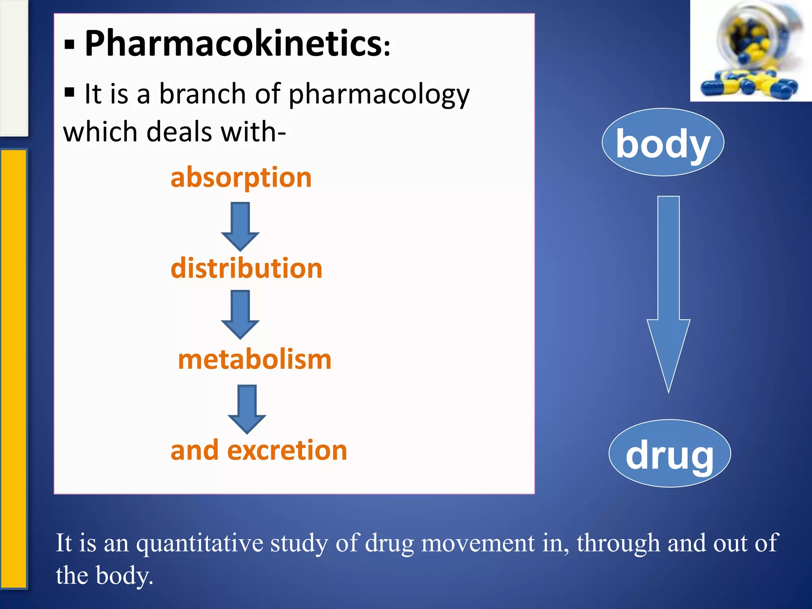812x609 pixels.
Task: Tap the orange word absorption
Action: [x=241, y=177]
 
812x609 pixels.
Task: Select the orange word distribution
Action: [x=246, y=268]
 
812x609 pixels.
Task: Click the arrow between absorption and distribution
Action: [x=240, y=226]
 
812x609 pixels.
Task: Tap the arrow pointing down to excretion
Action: [x=247, y=409]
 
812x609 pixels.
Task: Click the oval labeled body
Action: [x=663, y=142]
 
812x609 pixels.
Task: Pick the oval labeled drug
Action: [x=670, y=454]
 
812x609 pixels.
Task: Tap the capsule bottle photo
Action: [x=751, y=51]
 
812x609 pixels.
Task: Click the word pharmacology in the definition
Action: [x=379, y=95]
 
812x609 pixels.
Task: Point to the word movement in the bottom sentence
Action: [x=477, y=543]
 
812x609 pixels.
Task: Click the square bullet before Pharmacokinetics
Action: [x=69, y=46]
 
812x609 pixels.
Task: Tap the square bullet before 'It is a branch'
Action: [x=69, y=92]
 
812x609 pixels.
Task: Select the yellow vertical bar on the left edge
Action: [x=13, y=369]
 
